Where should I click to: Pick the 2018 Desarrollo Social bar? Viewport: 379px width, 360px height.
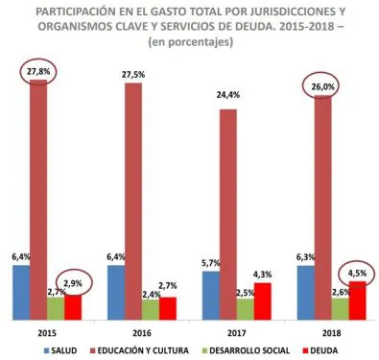pyautogui.click(x=341, y=308)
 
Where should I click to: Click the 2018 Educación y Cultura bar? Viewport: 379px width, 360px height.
pyautogui.click(x=323, y=207)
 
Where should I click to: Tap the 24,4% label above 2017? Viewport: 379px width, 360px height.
pyautogui.click(x=228, y=96)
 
